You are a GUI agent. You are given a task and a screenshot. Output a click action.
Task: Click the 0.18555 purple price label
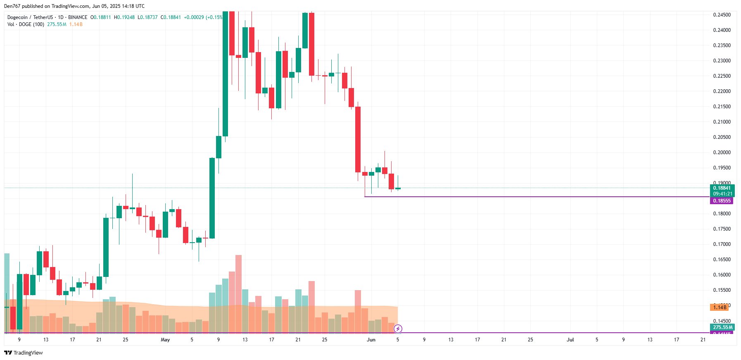[x=722, y=201]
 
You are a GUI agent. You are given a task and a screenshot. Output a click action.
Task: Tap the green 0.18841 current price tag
[x=722, y=188]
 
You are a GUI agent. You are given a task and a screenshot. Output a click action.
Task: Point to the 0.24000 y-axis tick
[x=722, y=30]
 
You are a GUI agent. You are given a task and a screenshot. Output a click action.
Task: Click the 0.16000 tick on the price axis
[x=722, y=275]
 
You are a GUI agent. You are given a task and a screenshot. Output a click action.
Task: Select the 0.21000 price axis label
[x=722, y=122]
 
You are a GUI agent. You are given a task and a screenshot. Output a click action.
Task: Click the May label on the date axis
[x=165, y=340]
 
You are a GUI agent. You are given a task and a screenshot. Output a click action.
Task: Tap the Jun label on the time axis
[x=371, y=340]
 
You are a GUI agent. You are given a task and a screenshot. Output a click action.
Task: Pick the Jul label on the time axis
[x=570, y=340]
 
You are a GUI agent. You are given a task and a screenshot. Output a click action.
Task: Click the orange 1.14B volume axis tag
[x=720, y=308]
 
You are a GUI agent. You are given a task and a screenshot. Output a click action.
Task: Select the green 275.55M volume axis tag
[x=722, y=327]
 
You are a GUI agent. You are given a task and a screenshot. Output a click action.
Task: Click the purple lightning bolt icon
[x=398, y=329]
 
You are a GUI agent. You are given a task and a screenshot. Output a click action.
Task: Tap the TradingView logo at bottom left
[x=24, y=353]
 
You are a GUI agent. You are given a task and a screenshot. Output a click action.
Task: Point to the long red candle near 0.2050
[x=358, y=139]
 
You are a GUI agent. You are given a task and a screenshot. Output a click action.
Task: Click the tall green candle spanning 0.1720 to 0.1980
[x=212, y=198]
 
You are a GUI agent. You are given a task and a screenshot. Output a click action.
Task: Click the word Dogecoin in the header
[x=17, y=17]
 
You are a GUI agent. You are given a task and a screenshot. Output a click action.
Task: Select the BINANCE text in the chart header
[x=78, y=17]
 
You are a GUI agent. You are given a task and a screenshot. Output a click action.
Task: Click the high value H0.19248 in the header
[x=124, y=17]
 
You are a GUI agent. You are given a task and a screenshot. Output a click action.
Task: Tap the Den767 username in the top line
[x=12, y=6]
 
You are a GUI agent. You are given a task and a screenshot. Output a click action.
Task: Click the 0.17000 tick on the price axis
[x=722, y=244]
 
